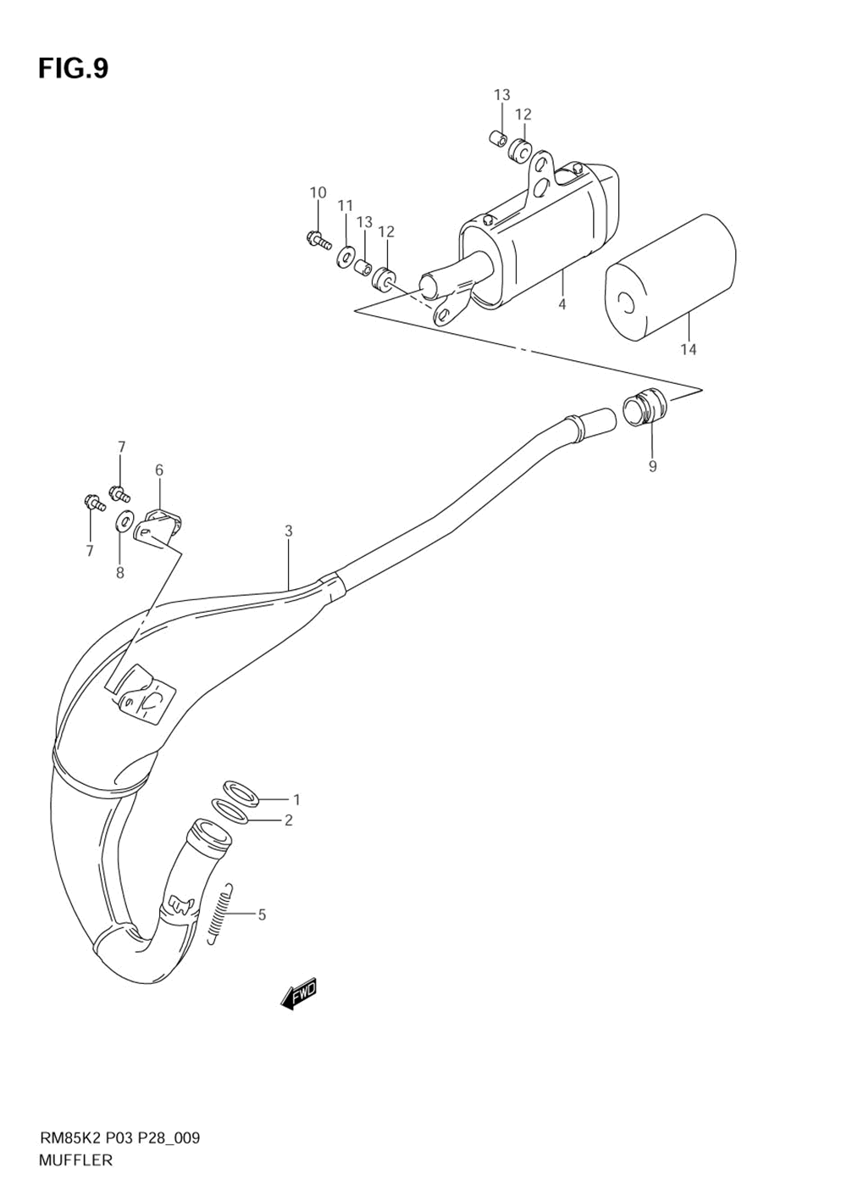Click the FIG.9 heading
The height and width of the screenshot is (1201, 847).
73,68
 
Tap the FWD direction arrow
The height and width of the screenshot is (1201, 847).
298,993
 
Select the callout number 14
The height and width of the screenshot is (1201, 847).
689,349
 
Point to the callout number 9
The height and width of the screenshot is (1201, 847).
652,465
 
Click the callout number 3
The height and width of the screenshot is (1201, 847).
289,531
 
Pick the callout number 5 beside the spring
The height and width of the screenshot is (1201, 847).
262,915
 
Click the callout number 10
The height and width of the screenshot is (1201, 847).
318,193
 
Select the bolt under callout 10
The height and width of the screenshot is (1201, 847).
318,240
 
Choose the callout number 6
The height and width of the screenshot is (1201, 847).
159,470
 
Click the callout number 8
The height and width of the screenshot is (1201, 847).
120,573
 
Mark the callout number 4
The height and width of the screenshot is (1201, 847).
562,304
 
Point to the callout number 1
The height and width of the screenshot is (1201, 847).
296,799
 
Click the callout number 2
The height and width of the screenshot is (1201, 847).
288,820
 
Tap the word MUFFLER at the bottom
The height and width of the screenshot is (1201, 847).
75,1160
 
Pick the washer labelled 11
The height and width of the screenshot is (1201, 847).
346,255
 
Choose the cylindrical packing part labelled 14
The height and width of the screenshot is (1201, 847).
669,275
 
